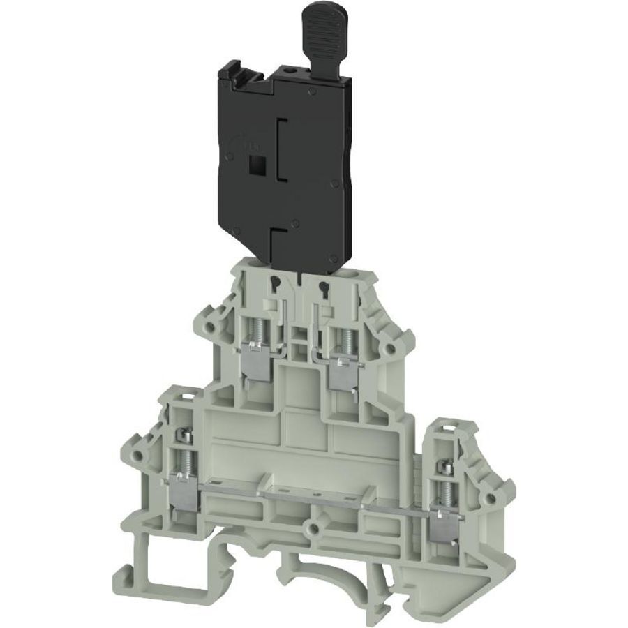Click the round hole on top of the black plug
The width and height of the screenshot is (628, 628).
pos(287,70)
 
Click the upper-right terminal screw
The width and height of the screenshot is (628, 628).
pos(343,340)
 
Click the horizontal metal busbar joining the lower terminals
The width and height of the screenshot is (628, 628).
pos(314,501)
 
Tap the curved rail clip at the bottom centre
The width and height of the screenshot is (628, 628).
pos(328,569)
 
